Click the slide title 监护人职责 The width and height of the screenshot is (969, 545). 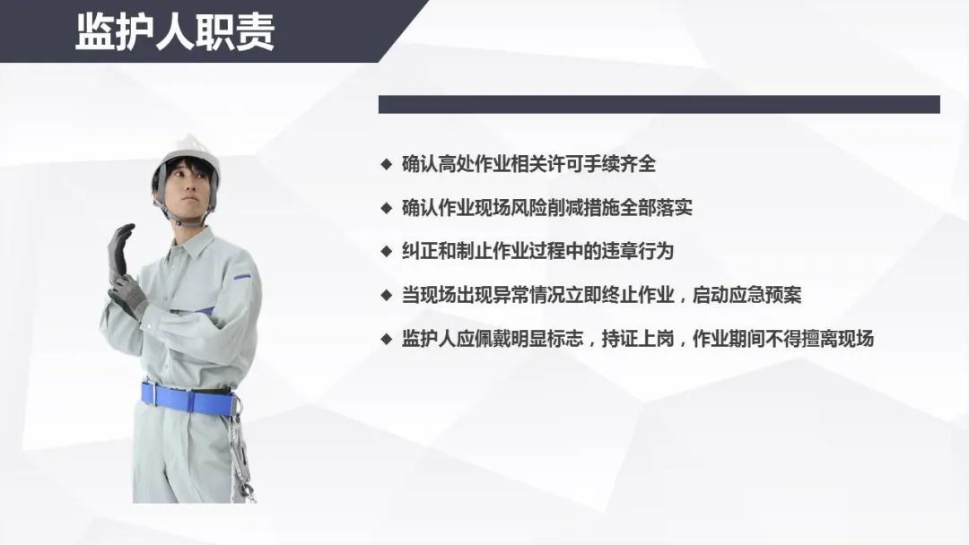click(x=175, y=31)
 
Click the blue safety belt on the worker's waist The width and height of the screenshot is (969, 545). click(x=188, y=399)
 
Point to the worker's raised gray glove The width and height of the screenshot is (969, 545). click(x=120, y=251)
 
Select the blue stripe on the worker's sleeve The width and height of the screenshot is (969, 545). click(x=242, y=276)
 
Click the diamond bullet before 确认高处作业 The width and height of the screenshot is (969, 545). click(x=387, y=164)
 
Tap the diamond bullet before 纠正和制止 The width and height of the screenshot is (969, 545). click(x=387, y=251)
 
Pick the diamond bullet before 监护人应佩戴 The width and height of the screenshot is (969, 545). click(x=387, y=339)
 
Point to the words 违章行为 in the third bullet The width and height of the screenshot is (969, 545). click(x=638, y=251)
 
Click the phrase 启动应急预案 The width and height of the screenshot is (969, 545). click(x=747, y=295)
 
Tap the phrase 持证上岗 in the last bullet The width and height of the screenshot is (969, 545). click(x=638, y=339)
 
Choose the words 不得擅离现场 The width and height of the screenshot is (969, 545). click(x=819, y=339)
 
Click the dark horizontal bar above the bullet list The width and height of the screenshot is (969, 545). click(x=659, y=104)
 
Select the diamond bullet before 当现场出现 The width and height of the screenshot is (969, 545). click(x=387, y=295)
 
